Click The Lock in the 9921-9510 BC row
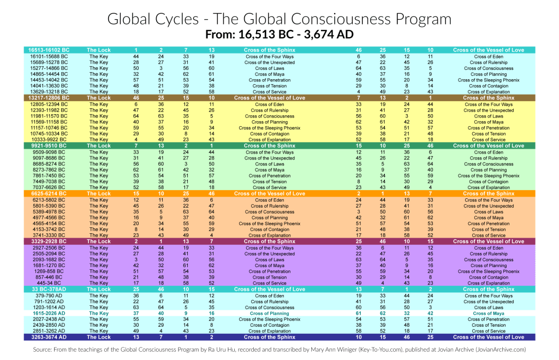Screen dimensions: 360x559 point(99,146)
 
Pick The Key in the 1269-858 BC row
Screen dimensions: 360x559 point(99,272)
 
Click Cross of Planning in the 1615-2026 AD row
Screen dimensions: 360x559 point(269,314)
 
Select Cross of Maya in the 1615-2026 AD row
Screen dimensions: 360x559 point(488,314)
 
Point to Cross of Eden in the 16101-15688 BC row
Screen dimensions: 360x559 point(488,56)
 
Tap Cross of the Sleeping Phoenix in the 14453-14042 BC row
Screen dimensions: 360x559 point(488,80)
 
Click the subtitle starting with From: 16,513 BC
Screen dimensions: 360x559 point(279,35)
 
